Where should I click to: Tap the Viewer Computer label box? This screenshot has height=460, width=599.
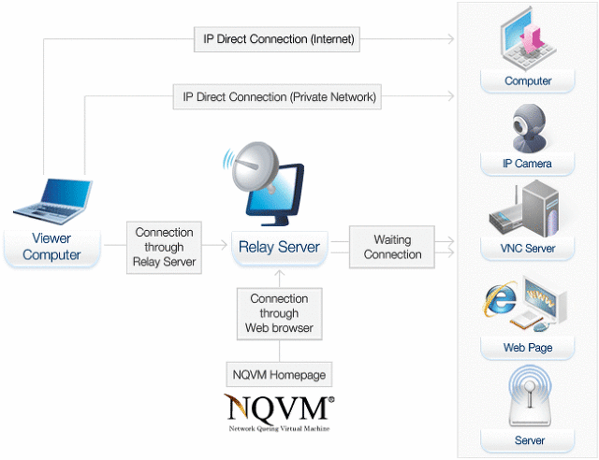point(51,247)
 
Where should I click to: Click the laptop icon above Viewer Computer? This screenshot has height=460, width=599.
point(51,198)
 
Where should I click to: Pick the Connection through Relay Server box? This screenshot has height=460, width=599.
point(165,247)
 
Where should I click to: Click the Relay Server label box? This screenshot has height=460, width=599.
point(279,248)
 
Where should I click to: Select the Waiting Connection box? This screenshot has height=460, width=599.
point(393,247)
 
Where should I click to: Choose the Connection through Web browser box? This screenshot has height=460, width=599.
point(279,313)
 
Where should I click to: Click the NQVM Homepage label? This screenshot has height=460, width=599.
point(279,375)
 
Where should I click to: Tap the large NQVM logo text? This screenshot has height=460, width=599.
point(279,409)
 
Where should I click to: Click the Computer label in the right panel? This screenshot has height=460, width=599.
point(528,81)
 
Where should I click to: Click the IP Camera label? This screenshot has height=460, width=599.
point(528,164)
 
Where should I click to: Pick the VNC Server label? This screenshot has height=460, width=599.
point(528,249)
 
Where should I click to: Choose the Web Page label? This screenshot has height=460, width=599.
point(528,348)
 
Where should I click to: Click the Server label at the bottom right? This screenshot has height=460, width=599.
point(528,440)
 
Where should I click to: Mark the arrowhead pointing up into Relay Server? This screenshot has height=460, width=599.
point(279,273)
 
